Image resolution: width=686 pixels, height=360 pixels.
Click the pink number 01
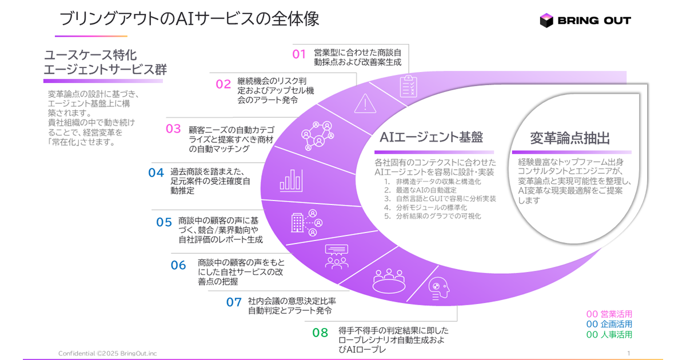pos(300,54)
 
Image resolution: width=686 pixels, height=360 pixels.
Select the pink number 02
pos(223,84)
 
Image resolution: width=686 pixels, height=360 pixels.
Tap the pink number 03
pos(173,129)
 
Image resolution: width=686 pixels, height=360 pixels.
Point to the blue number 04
pos(156,173)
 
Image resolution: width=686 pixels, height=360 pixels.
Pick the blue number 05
pos(164,222)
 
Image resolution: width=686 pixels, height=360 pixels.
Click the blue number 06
pos(178,265)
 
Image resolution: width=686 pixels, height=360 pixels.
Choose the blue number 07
pos(234,302)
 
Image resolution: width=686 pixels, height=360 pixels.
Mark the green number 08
pos(320,333)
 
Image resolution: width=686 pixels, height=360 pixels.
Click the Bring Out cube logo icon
pos(547,21)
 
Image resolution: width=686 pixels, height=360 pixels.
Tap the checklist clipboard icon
pos(408,86)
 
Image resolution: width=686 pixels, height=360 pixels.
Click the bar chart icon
pos(291,179)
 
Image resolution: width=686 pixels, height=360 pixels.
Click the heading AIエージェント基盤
pos(431,137)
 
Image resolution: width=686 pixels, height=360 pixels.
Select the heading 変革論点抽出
pos(569,138)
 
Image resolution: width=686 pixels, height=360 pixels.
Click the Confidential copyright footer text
pos(107,353)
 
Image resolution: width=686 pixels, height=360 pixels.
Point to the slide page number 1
pos(628,353)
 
